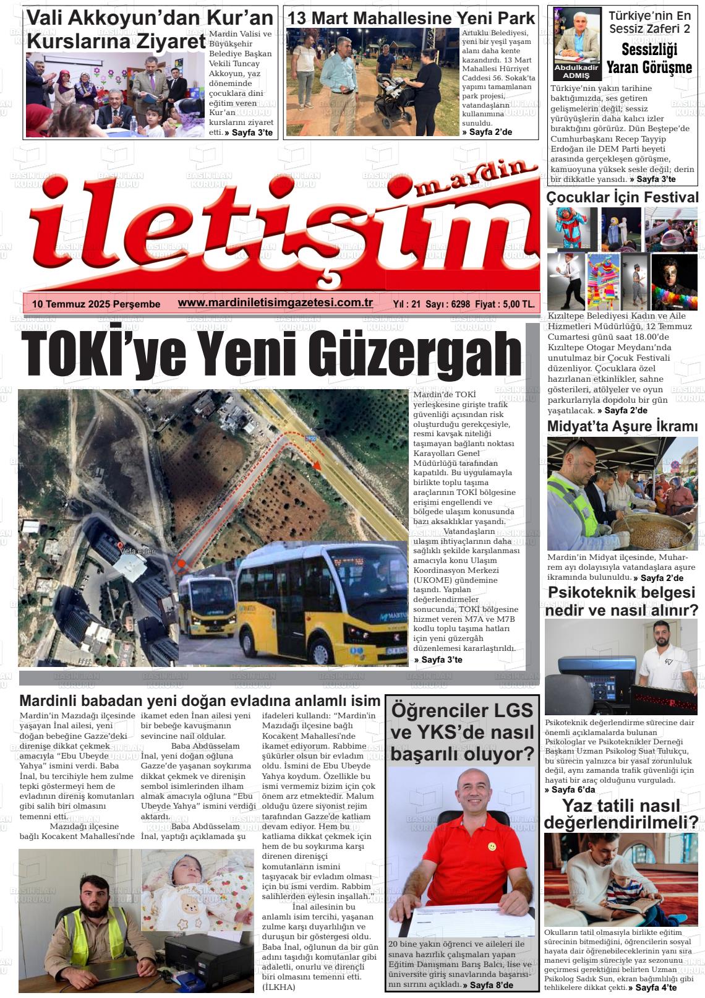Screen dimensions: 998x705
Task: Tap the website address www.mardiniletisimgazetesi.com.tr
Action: click(275, 303)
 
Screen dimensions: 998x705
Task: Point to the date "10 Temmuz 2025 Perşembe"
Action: click(96, 304)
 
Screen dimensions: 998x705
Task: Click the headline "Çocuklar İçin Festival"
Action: click(622, 198)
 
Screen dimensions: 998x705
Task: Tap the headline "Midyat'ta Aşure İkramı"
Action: click(622, 426)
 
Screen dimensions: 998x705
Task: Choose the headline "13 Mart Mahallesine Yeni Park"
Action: click(411, 18)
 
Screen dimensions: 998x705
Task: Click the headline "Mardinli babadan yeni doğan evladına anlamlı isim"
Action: click(200, 701)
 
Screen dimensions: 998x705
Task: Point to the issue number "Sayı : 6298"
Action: click(448, 304)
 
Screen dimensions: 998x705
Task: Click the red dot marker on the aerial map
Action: click(181, 564)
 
